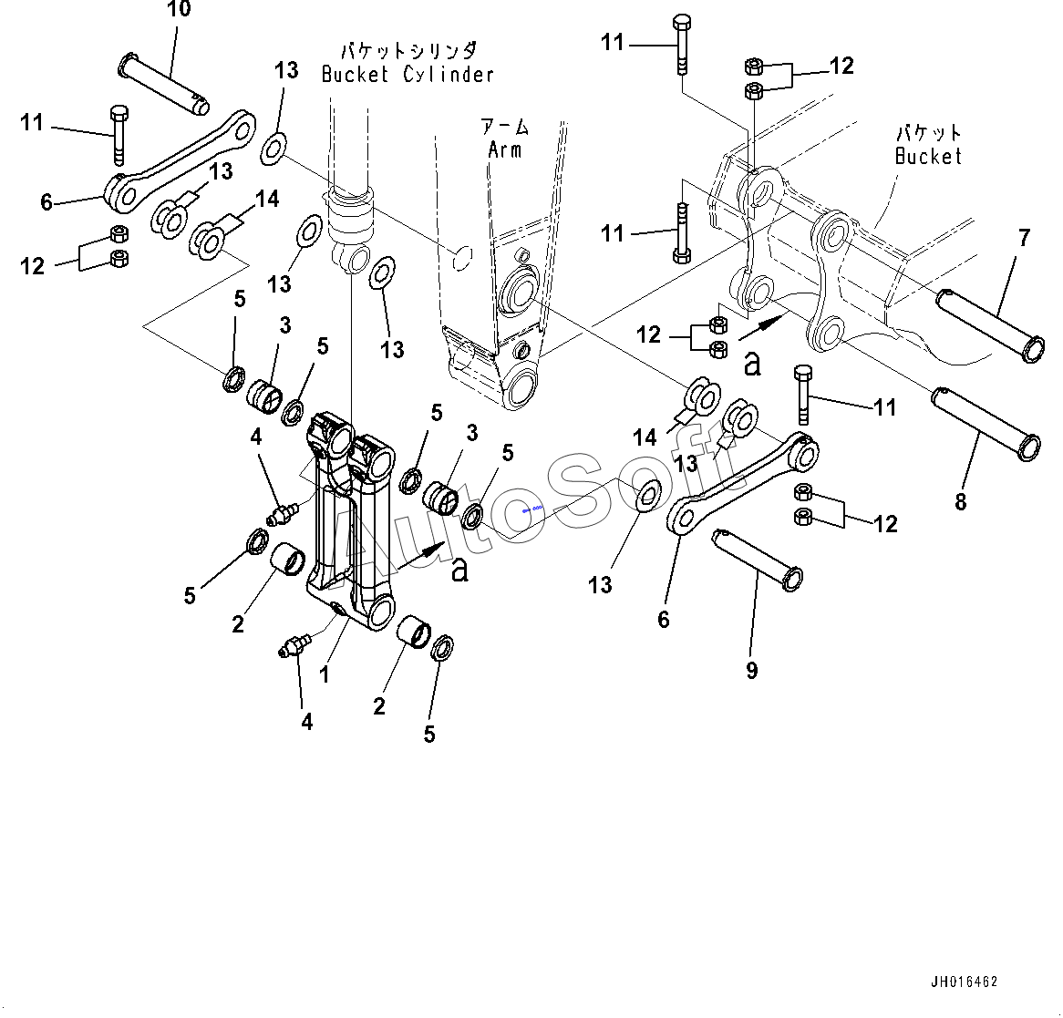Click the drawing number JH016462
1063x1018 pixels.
pyautogui.click(x=964, y=982)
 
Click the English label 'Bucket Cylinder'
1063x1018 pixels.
pyautogui.click(x=408, y=75)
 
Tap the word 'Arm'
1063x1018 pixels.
pyautogui.click(x=504, y=149)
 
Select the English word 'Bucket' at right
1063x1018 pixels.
pyautogui.click(x=928, y=156)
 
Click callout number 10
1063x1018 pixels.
pyautogui.click(x=180, y=10)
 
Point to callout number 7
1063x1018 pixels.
pyautogui.click(x=1024, y=239)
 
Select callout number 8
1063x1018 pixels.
pyautogui.click(x=960, y=500)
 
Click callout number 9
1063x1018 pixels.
pyautogui.click(x=751, y=671)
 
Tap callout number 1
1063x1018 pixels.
pyautogui.click(x=324, y=675)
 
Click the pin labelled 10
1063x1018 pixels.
pyautogui.click(x=164, y=84)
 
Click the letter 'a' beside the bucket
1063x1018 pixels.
pyautogui.click(x=751, y=364)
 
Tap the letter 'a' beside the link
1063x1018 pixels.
pyautogui.click(x=459, y=570)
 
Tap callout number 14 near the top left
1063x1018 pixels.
pyautogui.click(x=267, y=199)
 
